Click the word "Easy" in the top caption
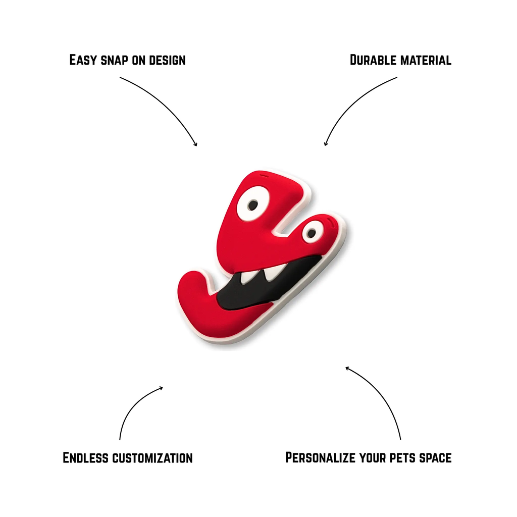pyautogui.click(x=82, y=61)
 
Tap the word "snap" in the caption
pyautogui.click(x=115, y=61)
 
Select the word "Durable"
pyautogui.click(x=373, y=61)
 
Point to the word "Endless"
pyautogui.click(x=85, y=458)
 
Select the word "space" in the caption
pyautogui.click(x=435, y=458)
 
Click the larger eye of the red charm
pyautogui.click(x=253, y=204)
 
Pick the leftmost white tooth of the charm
pyautogui.click(x=247, y=278)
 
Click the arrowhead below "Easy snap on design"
pyautogui.click(x=196, y=144)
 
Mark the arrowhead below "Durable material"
pyautogui.click(x=326, y=144)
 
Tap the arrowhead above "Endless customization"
pyautogui.click(x=161, y=388)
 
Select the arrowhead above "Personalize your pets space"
pyautogui.click(x=347, y=368)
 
